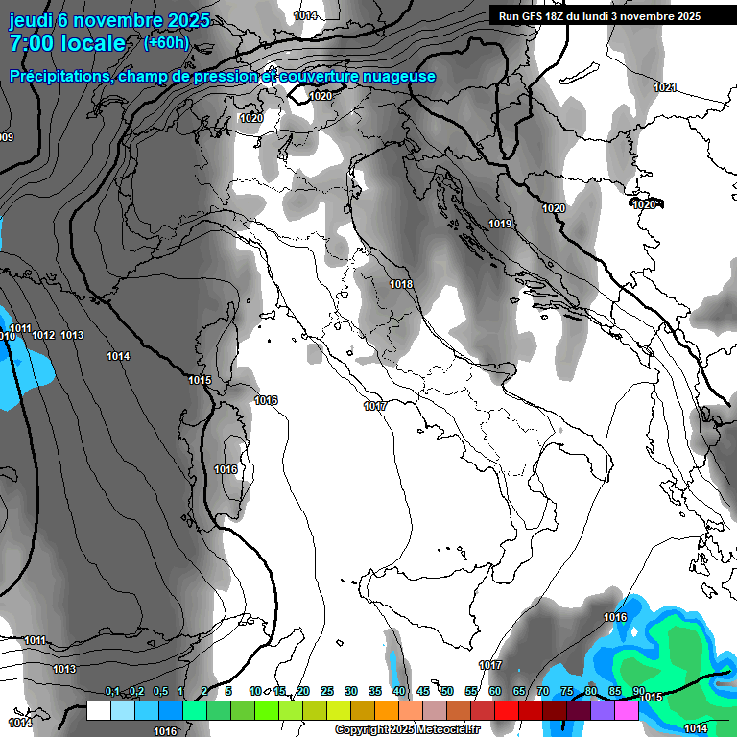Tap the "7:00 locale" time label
[x=66, y=43]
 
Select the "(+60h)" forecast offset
[x=166, y=42]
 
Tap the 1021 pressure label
[x=665, y=87]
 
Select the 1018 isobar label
[x=401, y=284]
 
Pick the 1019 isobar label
[x=500, y=224]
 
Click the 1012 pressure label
[x=43, y=335]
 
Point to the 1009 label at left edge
[x=7, y=137]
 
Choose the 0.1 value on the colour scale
[x=112, y=692]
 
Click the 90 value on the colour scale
[x=638, y=692]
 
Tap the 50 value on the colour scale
[x=446, y=692]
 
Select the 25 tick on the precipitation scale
[x=327, y=692]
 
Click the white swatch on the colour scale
[x=98, y=710]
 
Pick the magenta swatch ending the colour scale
[x=627, y=710]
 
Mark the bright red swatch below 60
[x=507, y=710]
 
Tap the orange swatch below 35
[x=387, y=710]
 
